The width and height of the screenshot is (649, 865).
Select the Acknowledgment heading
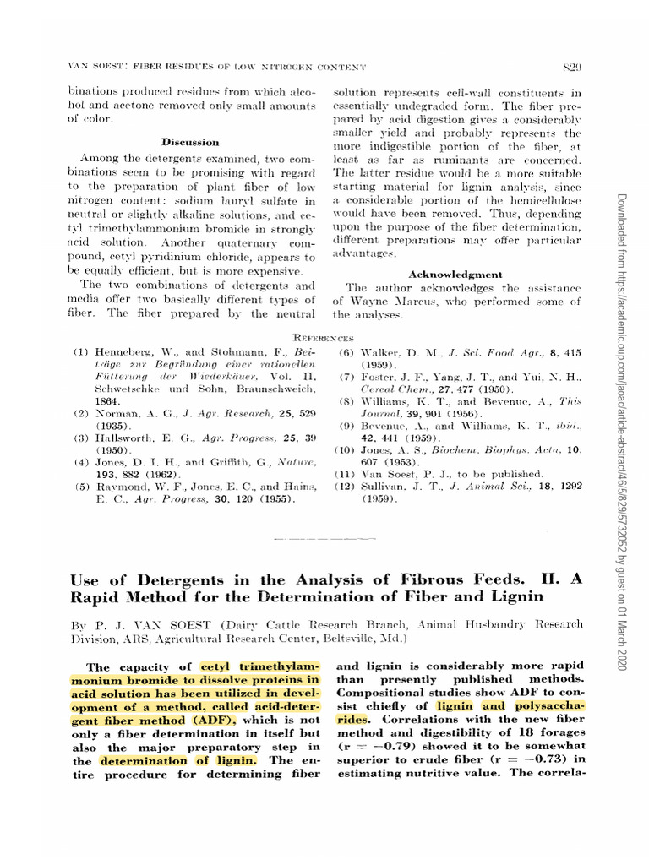pyautogui.click(x=456, y=275)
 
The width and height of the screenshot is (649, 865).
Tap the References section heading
pyautogui.click(x=324, y=338)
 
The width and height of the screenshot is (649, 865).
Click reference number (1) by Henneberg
pyautogui.click(x=81, y=351)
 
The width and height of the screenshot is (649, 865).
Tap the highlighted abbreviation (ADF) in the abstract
pyautogui.click(x=215, y=720)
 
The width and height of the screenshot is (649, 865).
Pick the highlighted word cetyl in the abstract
pyautogui.click(x=216, y=666)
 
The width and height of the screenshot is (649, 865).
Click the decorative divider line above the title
pyautogui.click(x=324, y=536)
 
